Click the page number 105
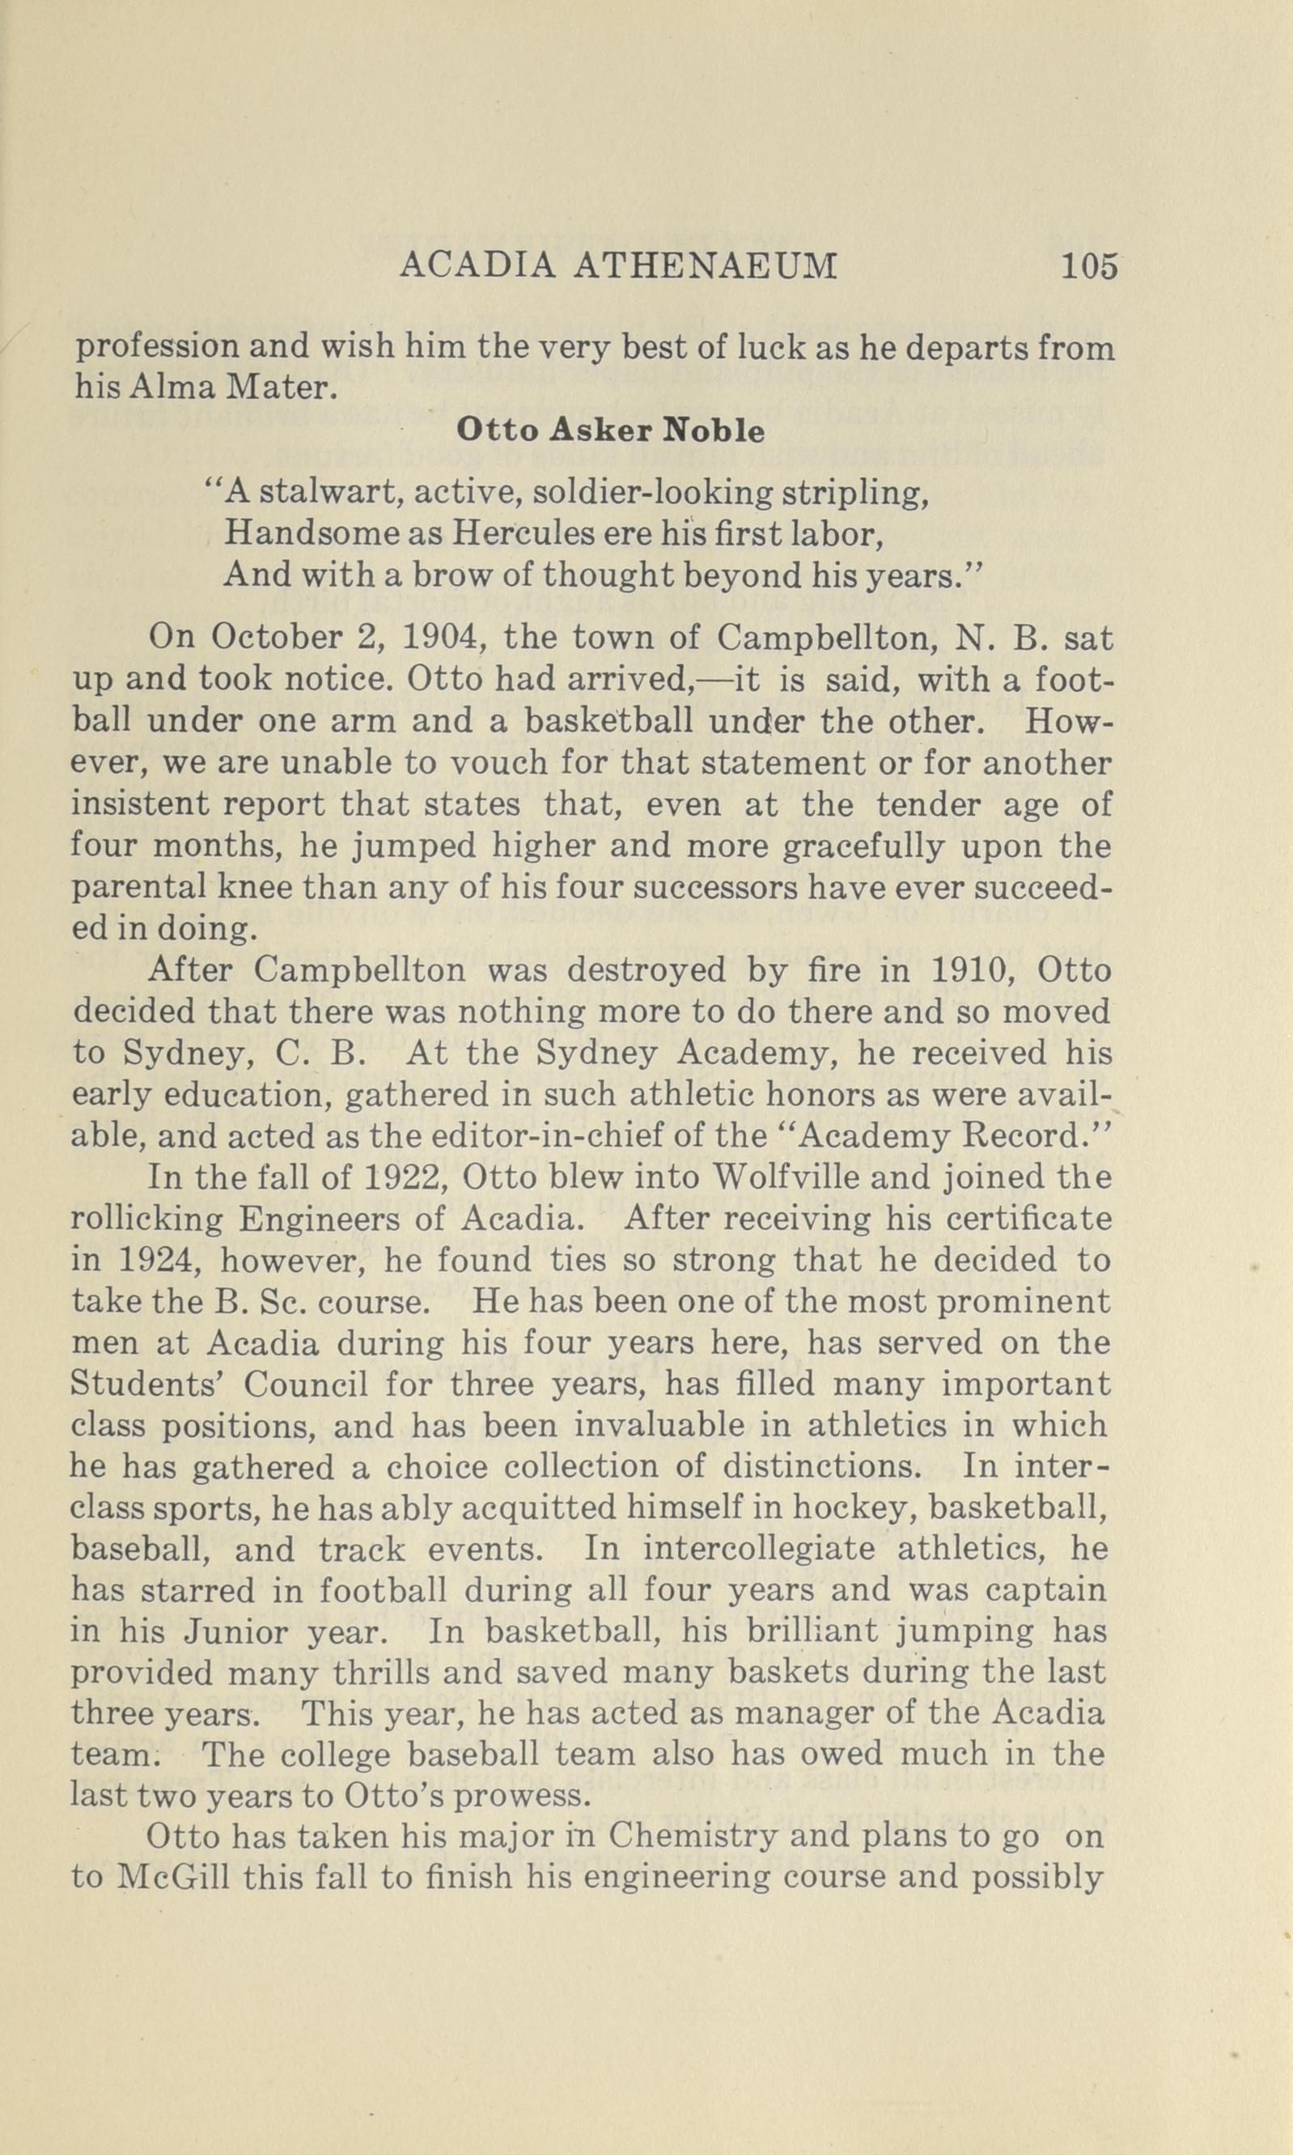pos(1088,265)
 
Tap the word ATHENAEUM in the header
pos(706,265)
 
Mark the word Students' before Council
pos(144,1383)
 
